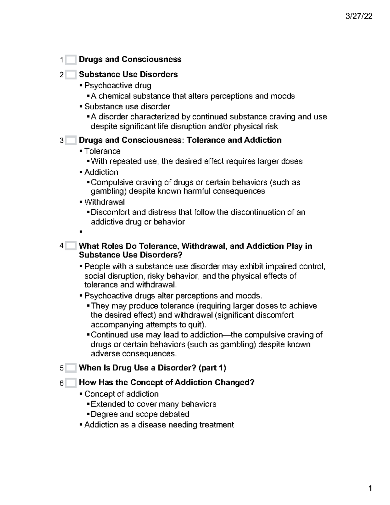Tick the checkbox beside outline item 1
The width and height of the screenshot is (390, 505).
pos(71,60)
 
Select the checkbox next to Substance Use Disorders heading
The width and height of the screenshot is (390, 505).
pos(71,75)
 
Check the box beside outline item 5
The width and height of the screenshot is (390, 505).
pos(71,368)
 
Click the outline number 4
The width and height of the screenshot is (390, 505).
pos(61,246)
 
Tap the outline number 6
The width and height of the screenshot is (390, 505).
pos(61,383)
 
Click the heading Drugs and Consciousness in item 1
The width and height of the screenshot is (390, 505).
pos(130,60)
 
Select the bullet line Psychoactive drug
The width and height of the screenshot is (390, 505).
pos(118,86)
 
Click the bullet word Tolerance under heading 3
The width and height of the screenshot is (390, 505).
pos(102,151)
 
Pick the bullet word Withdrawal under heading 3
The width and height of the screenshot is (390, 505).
pos(104,202)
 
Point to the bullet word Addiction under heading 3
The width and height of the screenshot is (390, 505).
pos(101,172)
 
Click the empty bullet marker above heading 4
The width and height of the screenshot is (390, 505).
pos(81,232)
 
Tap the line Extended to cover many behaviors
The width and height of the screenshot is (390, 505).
pos(153,404)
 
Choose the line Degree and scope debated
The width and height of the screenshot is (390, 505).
pos(140,414)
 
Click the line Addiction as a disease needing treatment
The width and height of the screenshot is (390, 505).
pos(159,425)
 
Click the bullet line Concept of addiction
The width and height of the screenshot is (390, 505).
pos(121,394)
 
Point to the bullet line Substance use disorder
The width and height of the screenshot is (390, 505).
pos(127,107)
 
